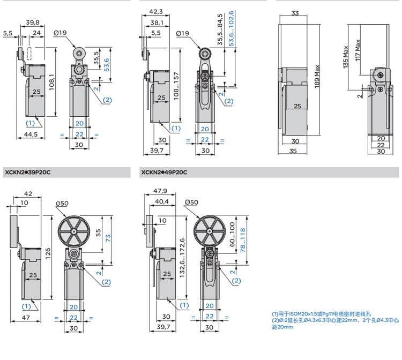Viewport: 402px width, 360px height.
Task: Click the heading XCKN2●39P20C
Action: click(x=28, y=172)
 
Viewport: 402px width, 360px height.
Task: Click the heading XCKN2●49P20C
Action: click(x=165, y=172)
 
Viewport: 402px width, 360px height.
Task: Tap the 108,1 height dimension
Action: click(x=51, y=82)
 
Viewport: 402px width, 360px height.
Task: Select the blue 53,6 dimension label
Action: click(x=107, y=65)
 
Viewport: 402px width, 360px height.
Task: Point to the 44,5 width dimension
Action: click(x=31, y=134)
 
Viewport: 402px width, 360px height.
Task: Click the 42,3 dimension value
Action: click(x=156, y=12)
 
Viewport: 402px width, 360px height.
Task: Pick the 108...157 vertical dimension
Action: click(x=176, y=86)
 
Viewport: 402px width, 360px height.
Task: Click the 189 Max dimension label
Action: click(x=317, y=77)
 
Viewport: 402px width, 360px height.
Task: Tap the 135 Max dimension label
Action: click(x=345, y=57)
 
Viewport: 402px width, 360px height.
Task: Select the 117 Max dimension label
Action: click(x=358, y=50)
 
